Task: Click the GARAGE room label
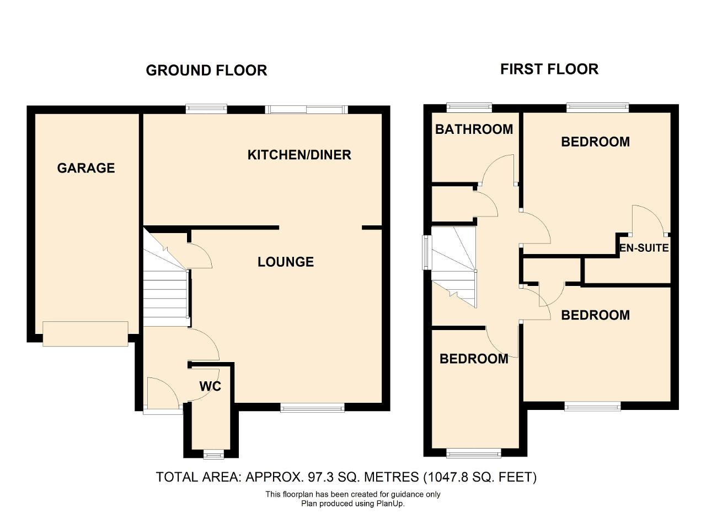pyautogui.click(x=85, y=168)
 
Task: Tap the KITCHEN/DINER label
pyautogui.click(x=299, y=155)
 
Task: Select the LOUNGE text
pyautogui.click(x=286, y=262)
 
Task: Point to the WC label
pyautogui.click(x=210, y=386)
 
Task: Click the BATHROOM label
pyautogui.click(x=474, y=129)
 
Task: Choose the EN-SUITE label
pyautogui.click(x=644, y=248)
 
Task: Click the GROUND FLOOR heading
pyautogui.click(x=206, y=71)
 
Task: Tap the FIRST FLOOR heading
pyautogui.click(x=549, y=69)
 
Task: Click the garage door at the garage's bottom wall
pyautogui.click(x=85, y=334)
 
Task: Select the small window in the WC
pyautogui.click(x=213, y=455)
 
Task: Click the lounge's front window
pyautogui.click(x=312, y=408)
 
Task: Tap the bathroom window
pyautogui.click(x=469, y=107)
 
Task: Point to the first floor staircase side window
pyautogui.click(x=426, y=252)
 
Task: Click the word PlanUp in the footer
pyautogui.click(x=389, y=504)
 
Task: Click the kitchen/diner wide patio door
pyautogui.click(x=306, y=110)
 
